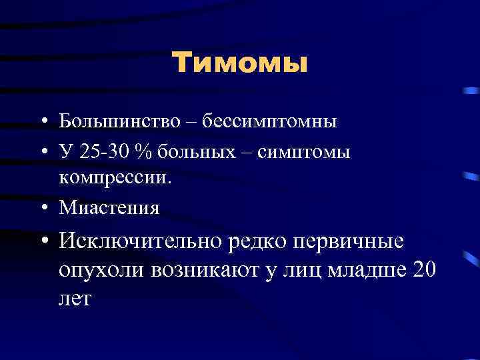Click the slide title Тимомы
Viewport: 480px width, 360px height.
240,64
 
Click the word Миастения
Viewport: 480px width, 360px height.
109,207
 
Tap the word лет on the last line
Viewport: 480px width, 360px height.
75,299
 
